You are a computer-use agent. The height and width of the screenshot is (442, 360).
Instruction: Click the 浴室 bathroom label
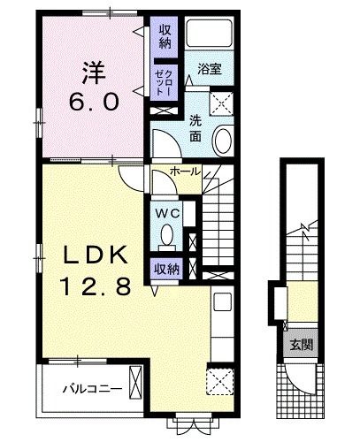pyautogui.click(x=209, y=67)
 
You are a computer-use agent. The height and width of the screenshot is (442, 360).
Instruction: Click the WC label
pyautogui.click(x=168, y=213)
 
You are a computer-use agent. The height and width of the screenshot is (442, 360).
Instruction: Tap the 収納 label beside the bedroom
pyautogui.click(x=165, y=37)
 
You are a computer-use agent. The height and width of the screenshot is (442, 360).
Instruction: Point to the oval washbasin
pyautogui.click(x=223, y=141)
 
